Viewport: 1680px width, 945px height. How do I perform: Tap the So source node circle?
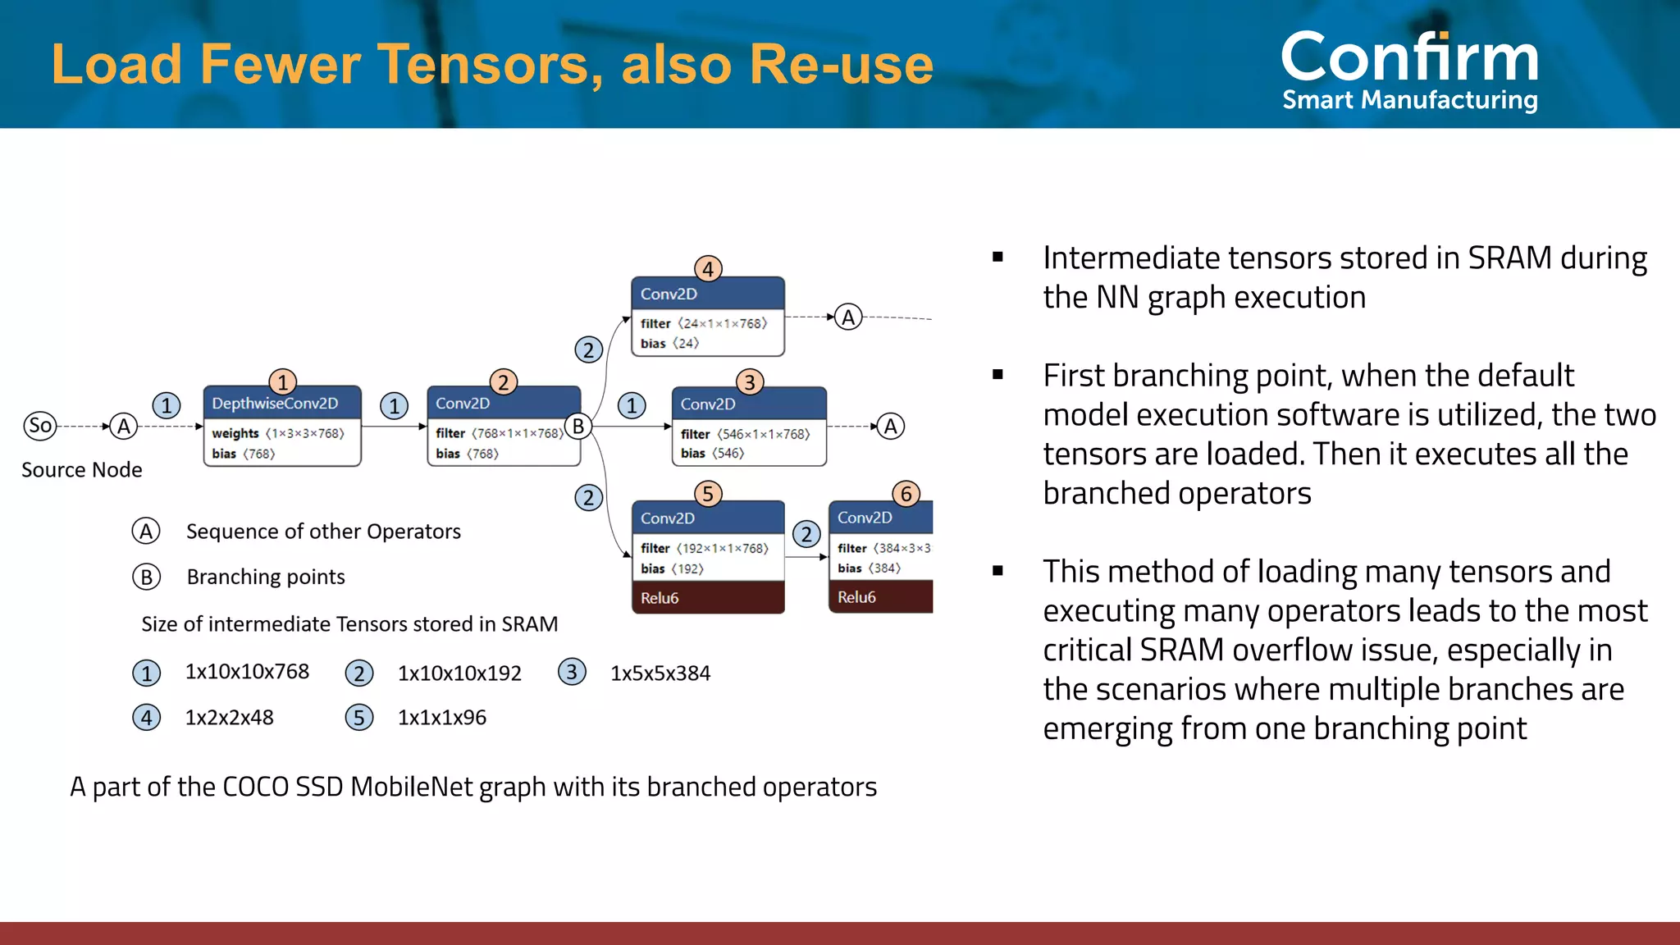pos(39,426)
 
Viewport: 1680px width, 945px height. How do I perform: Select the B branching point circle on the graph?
pos(578,427)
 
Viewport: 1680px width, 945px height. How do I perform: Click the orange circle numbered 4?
pos(708,269)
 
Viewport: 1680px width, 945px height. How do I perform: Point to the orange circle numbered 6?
pos(906,494)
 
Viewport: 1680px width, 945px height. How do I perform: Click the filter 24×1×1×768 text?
pos(704,323)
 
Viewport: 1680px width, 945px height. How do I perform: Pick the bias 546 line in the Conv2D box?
pos(712,453)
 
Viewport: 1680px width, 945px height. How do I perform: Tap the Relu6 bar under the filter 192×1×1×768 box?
pos(708,598)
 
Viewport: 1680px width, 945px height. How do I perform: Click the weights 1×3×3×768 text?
pos(278,433)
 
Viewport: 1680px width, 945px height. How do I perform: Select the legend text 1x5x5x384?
pos(660,673)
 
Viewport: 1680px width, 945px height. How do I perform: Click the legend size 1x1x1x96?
pos(442,718)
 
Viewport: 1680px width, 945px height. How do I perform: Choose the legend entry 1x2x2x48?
pos(230,718)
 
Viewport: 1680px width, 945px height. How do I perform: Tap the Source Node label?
pos(82,470)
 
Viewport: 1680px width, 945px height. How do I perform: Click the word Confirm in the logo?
pos(1409,57)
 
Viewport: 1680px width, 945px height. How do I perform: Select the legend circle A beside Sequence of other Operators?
pos(146,532)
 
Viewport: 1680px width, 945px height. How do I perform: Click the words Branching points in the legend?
pos(266,577)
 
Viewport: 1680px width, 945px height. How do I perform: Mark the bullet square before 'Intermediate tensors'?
pos(997,257)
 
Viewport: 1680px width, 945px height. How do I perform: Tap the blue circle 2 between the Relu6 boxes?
pos(806,535)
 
